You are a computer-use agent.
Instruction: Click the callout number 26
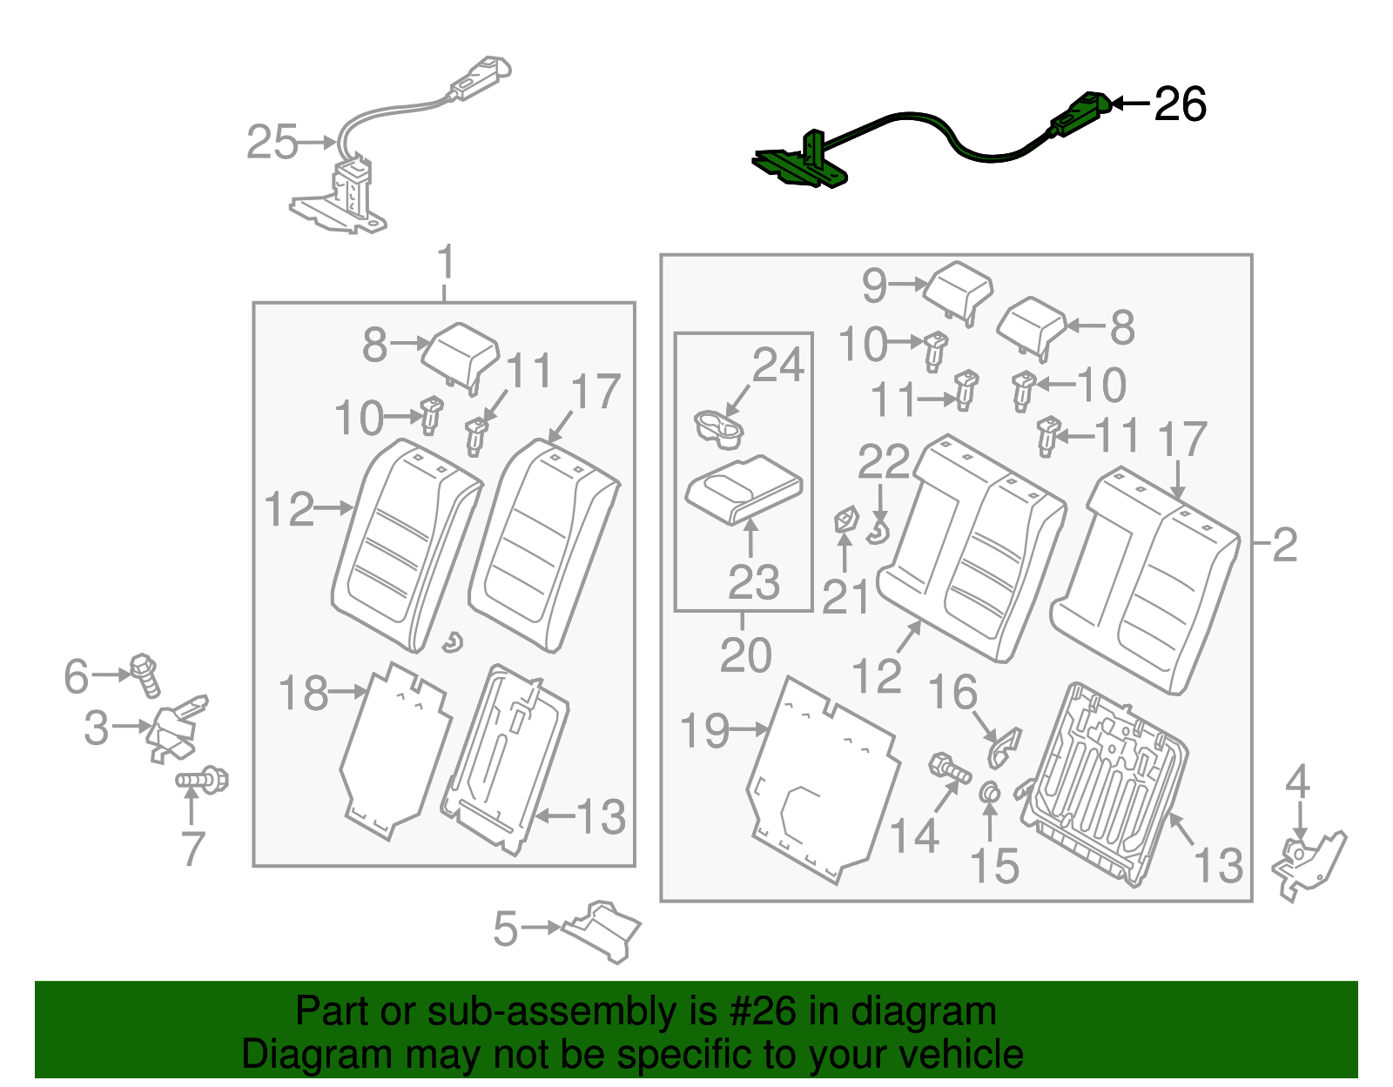tap(1180, 104)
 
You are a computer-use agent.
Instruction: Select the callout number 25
tap(272, 142)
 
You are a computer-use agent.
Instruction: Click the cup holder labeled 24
tap(718, 429)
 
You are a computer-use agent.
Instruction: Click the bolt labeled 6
tap(145, 674)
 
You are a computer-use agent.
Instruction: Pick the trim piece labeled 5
tap(604, 929)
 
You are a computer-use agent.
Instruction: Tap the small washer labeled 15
tap(990, 792)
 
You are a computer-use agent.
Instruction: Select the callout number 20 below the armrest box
tap(746, 655)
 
